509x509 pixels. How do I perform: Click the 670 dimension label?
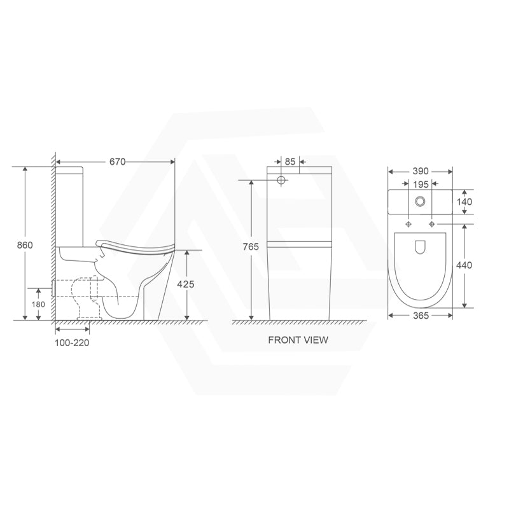point(116,162)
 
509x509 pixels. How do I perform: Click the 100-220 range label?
point(73,343)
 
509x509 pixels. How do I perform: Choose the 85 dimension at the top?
point(289,162)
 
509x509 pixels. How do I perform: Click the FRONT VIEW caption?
point(298,340)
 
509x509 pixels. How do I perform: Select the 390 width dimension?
point(421,171)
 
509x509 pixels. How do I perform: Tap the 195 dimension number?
point(420,185)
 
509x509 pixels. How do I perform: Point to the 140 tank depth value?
point(464,202)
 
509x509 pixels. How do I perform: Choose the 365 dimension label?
point(420,315)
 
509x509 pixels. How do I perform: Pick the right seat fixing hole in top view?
point(433,224)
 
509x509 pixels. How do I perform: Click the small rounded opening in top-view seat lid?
point(420,248)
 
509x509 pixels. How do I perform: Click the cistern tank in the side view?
point(69,204)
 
